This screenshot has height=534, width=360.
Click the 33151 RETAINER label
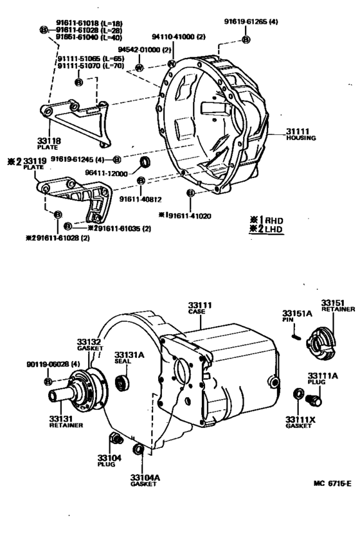pyautogui.click(x=337, y=305)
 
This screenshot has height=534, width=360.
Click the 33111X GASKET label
pyautogui.click(x=300, y=422)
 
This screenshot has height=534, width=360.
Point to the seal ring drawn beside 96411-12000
pyautogui.click(x=145, y=160)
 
